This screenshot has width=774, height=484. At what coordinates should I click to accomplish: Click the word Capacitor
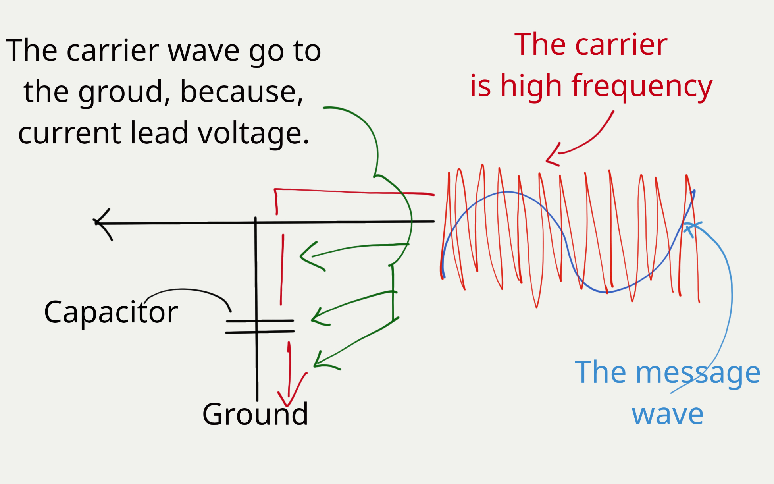(x=111, y=312)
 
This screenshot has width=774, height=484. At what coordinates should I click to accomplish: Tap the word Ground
(x=255, y=414)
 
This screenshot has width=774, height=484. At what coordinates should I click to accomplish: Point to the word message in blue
(x=698, y=373)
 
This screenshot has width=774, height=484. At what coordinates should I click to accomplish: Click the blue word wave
(x=668, y=414)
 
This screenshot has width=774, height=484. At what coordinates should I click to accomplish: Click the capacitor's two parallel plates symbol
(x=260, y=326)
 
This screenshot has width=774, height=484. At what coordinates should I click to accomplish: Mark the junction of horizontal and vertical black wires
(x=256, y=223)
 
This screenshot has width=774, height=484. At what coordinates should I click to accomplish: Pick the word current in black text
(x=69, y=133)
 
